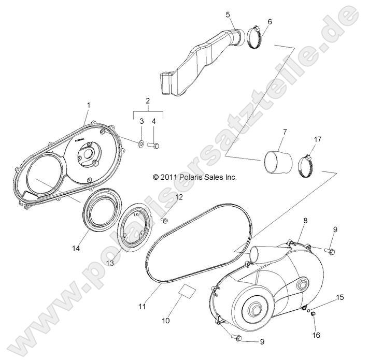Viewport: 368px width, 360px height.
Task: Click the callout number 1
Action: coord(88,105)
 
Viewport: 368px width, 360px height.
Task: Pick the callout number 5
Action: coord(228,15)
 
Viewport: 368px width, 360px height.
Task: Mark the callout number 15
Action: coord(325,297)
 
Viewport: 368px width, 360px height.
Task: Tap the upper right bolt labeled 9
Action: coord(330,252)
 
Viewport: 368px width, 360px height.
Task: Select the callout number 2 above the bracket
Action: coord(147,100)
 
